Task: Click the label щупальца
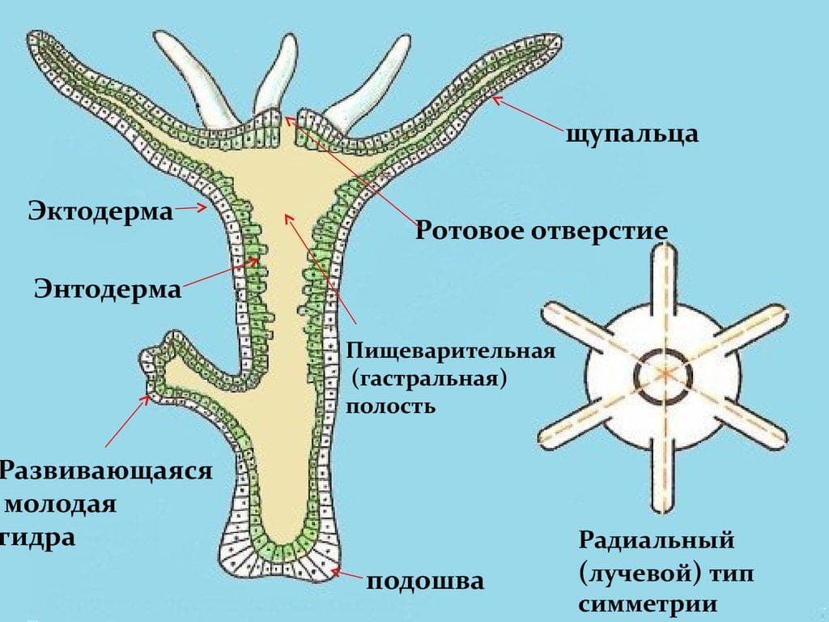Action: [x=632, y=134]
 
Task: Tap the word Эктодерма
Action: [x=100, y=211]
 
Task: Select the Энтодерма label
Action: [x=108, y=289]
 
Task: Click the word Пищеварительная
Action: [x=451, y=351]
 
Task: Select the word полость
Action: [x=391, y=407]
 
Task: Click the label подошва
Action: [x=425, y=581]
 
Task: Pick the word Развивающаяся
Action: [x=106, y=471]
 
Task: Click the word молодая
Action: [x=60, y=503]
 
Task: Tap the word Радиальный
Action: [x=657, y=540]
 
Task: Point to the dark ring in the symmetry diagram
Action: [x=663, y=376]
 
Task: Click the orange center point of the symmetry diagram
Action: [x=664, y=374]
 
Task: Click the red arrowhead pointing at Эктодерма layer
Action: [x=202, y=208]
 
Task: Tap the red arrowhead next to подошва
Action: [x=336, y=571]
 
